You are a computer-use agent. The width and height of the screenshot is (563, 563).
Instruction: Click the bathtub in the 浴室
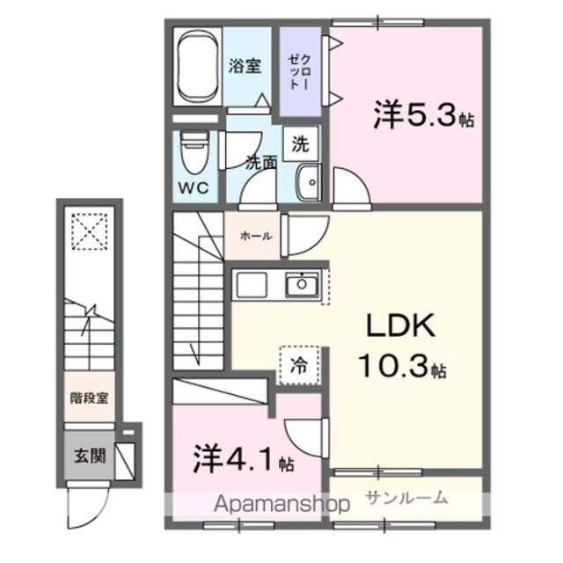point(195,67)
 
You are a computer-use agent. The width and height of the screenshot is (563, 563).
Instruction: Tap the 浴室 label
point(245,66)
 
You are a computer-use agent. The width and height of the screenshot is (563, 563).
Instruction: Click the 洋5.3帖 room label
point(423,115)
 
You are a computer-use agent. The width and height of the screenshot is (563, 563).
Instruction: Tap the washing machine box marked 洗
point(300,142)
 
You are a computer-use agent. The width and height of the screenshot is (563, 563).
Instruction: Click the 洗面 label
point(260,163)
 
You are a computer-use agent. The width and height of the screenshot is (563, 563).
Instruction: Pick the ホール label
point(255,236)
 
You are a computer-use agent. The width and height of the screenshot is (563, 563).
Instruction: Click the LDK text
point(400,326)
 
